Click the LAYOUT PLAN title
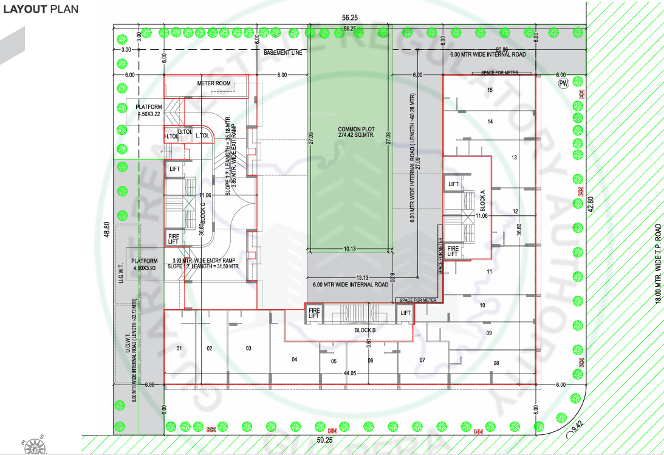[41, 9]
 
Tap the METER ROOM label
[214, 83]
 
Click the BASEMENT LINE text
[282, 53]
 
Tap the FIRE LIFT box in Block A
[453, 251]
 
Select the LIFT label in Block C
[175, 169]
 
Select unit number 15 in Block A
[489, 90]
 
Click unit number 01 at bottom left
[179, 349]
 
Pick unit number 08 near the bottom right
[496, 363]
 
